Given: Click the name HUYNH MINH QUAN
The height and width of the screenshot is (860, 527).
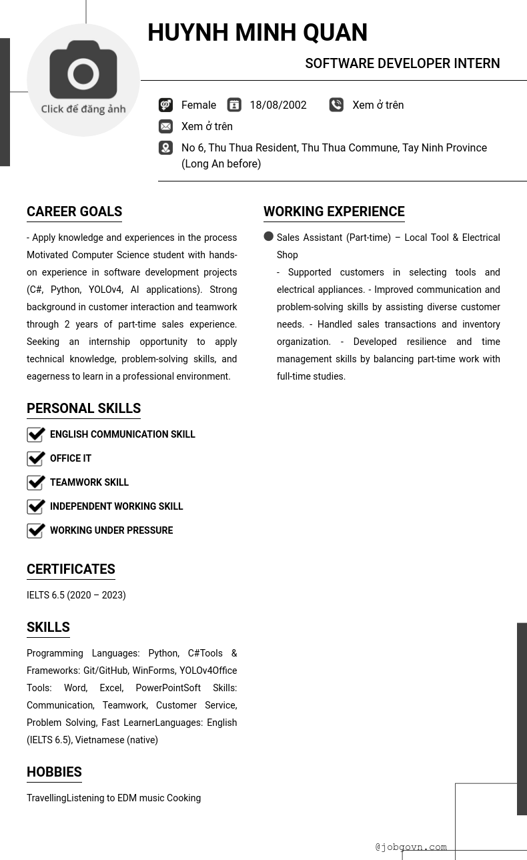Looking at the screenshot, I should pos(257,33).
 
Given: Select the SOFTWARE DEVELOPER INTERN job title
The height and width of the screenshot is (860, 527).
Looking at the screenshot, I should pos(402,63).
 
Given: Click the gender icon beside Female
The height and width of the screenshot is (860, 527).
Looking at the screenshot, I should pos(165,105).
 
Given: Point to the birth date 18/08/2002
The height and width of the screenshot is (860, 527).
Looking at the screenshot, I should pos(278,105).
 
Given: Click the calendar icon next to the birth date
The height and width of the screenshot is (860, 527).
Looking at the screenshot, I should pos(234,105).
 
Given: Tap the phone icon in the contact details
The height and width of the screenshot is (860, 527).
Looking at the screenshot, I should pos(336,105).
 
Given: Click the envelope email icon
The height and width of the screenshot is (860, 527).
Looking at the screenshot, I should pos(165,126).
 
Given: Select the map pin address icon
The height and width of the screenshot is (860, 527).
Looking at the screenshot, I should pos(165,147).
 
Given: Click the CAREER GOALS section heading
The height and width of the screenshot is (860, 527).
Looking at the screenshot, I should pos(74,211).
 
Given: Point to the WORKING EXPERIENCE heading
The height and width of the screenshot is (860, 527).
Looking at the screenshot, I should pos(334,211).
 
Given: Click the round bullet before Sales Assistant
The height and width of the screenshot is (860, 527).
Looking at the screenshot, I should pos(269,236).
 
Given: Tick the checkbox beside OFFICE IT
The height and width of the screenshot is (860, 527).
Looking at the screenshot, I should pos(36,458).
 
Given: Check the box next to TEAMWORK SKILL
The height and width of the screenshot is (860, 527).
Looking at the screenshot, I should pos(36,482).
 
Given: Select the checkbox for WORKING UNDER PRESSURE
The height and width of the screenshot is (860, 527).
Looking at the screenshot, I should pos(36,530).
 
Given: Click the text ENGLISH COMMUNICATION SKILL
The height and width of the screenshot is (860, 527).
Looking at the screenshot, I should pos(122,434).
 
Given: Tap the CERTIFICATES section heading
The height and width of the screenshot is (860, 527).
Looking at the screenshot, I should pos(71,569).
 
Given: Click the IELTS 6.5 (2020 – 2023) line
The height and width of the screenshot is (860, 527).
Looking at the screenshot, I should pos(76,595).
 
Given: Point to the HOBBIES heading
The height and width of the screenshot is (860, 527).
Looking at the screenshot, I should pos(54,772).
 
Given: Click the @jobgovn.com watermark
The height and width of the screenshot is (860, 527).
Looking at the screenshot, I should pos(411,847).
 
